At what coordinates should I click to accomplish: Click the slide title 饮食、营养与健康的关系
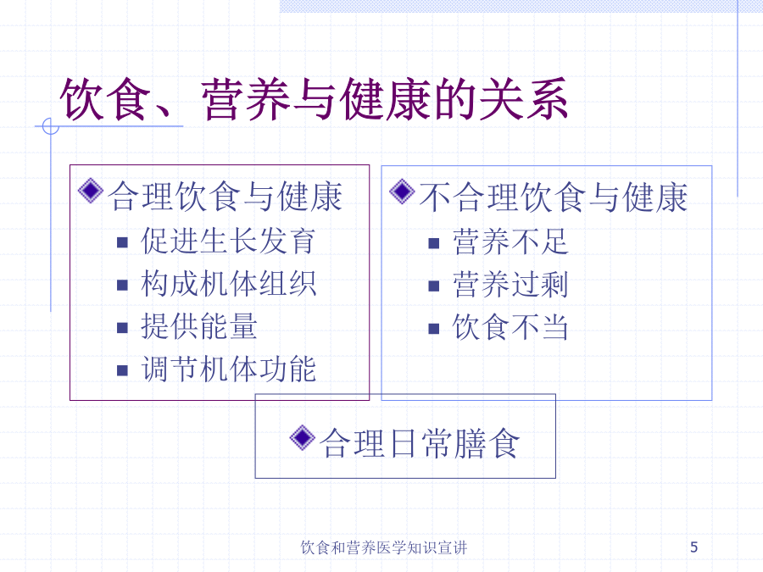coord(314,100)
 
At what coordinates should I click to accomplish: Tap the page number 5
coord(693,547)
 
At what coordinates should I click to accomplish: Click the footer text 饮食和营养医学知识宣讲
coord(384,547)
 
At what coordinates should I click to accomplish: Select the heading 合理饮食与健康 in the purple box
coord(226,197)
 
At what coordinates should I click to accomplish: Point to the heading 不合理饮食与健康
coord(554,197)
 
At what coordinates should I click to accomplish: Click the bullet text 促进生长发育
coord(228,241)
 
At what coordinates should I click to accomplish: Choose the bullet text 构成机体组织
coord(228,283)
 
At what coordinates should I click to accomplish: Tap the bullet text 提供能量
coord(199,326)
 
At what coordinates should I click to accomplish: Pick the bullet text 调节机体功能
coord(228,369)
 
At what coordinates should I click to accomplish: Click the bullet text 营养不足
coord(510,242)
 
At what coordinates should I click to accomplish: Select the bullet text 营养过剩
coord(510,284)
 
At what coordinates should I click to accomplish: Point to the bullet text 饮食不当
coord(510,327)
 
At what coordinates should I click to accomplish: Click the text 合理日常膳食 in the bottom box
coord(420,443)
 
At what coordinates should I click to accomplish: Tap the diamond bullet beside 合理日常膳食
coord(302,438)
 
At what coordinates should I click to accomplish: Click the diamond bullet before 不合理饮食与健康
coord(402,192)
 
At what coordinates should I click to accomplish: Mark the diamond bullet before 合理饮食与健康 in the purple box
coord(91,192)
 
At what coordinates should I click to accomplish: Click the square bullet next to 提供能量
coord(123,328)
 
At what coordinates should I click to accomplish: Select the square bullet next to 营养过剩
coord(434,286)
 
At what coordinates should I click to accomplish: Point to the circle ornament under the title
coord(51,126)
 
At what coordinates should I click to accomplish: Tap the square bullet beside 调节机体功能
coord(123,371)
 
